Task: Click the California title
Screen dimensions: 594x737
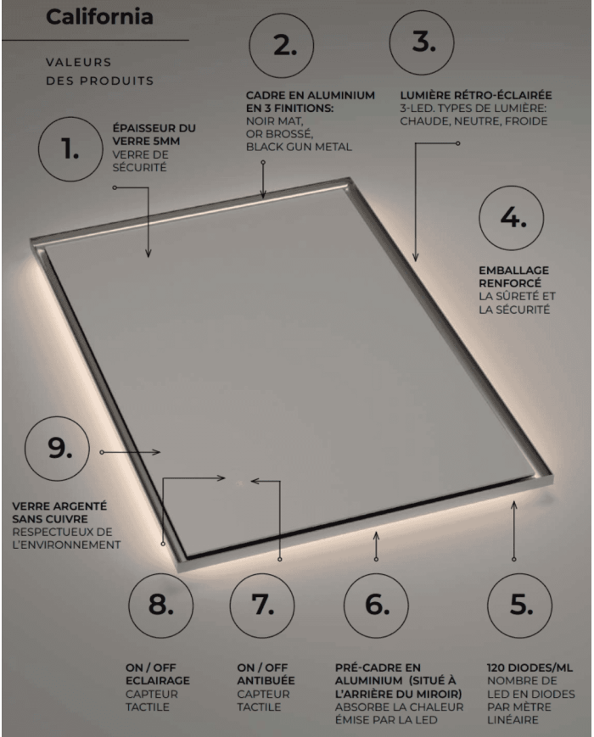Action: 99,17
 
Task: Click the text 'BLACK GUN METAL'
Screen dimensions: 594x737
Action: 299,147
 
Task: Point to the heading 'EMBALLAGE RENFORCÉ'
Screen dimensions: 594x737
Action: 514,276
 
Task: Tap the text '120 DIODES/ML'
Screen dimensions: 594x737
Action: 530,668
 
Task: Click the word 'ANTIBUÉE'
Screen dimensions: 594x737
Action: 266,680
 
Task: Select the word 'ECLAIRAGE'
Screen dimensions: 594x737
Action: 158,680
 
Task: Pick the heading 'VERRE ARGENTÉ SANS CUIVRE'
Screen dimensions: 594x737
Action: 59,513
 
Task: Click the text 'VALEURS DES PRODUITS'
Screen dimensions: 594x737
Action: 99,71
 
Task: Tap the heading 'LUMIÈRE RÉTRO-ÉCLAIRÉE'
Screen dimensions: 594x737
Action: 476,95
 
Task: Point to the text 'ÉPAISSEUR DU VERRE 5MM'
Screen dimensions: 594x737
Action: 154,135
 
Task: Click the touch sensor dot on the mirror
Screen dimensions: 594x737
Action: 239,483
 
